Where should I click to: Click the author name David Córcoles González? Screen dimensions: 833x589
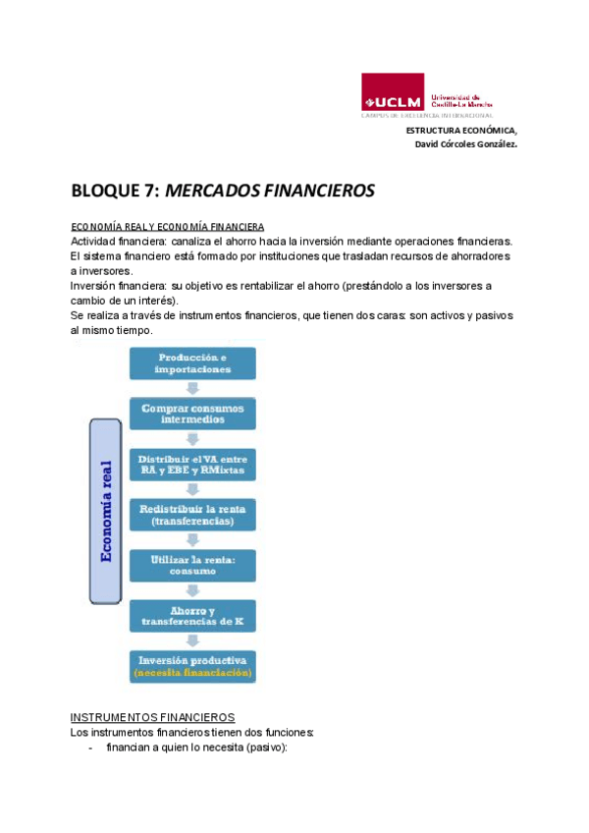[x=466, y=143]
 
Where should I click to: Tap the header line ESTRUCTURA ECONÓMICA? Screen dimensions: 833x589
[x=460, y=130]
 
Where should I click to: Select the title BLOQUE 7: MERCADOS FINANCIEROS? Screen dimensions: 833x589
[x=223, y=191]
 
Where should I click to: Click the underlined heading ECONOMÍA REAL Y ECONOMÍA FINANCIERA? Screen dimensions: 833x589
[x=167, y=226]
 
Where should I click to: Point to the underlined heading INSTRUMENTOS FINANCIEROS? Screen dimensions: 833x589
[x=153, y=717]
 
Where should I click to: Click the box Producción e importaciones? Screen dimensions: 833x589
[x=193, y=362]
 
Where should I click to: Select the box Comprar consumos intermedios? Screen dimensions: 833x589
[x=193, y=413]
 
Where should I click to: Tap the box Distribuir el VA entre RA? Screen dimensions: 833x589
[x=193, y=465]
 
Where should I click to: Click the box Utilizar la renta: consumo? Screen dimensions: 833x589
[x=193, y=566]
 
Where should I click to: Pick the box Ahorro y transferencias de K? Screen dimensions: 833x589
[x=193, y=616]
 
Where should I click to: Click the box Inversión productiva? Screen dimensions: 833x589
[x=193, y=659]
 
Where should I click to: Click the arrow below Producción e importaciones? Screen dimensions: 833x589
[x=193, y=387]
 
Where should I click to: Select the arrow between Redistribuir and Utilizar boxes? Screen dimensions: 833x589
[x=193, y=539]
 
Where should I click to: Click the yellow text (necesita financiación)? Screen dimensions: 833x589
[x=193, y=674]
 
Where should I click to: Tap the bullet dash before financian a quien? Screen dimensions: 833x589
[x=91, y=749]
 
